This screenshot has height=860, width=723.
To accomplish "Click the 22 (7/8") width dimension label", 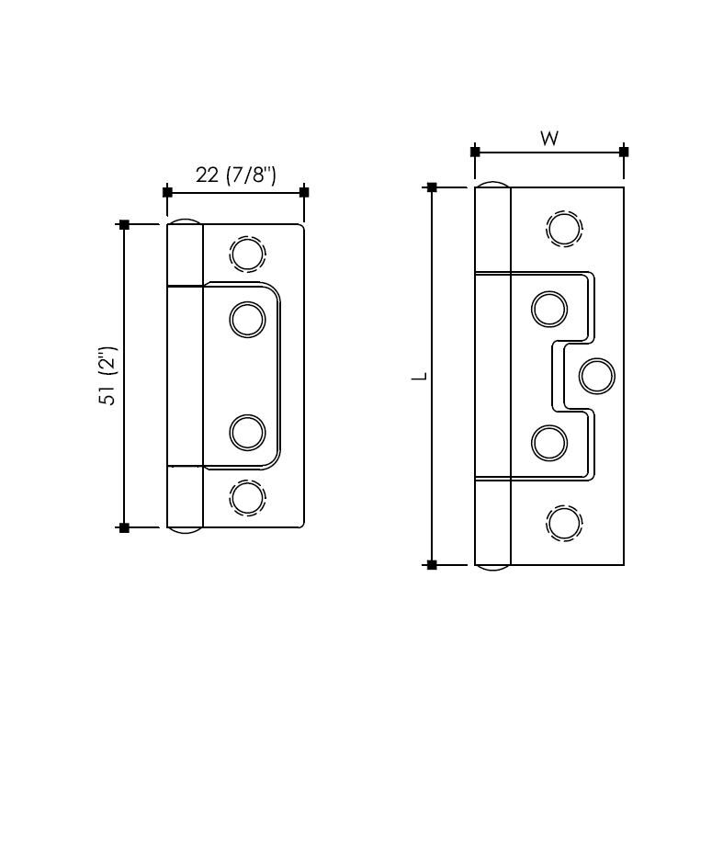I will (235, 175).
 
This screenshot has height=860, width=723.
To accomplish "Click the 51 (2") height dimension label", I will (108, 376).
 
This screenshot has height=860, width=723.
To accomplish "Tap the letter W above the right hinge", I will (548, 139).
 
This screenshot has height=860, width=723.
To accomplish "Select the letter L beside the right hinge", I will (419, 376).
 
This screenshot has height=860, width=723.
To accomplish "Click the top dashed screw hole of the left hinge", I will (247, 254).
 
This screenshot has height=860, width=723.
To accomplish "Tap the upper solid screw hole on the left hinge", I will (247, 319).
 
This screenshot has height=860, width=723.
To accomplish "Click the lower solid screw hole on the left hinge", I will (247, 432).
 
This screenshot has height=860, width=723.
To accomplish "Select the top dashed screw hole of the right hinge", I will (564, 229).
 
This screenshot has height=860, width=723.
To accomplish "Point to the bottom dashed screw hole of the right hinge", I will (564, 523).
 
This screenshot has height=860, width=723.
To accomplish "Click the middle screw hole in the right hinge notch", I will (596, 376).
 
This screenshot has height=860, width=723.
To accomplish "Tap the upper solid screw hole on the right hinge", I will (549, 309).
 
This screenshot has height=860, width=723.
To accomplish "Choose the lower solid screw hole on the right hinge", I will (549, 443).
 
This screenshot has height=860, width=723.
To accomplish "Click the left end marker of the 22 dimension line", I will (167, 192).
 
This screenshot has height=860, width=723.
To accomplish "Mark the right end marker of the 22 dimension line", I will (304, 192).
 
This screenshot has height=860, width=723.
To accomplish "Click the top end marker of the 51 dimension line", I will (125, 224).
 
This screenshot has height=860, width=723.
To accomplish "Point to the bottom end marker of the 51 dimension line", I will (125, 527).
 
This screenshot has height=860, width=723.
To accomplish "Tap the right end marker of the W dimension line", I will (624, 152).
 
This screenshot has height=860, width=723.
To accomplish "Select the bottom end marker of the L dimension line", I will (432, 564).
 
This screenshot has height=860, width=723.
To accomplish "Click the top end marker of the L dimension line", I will (432, 187).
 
